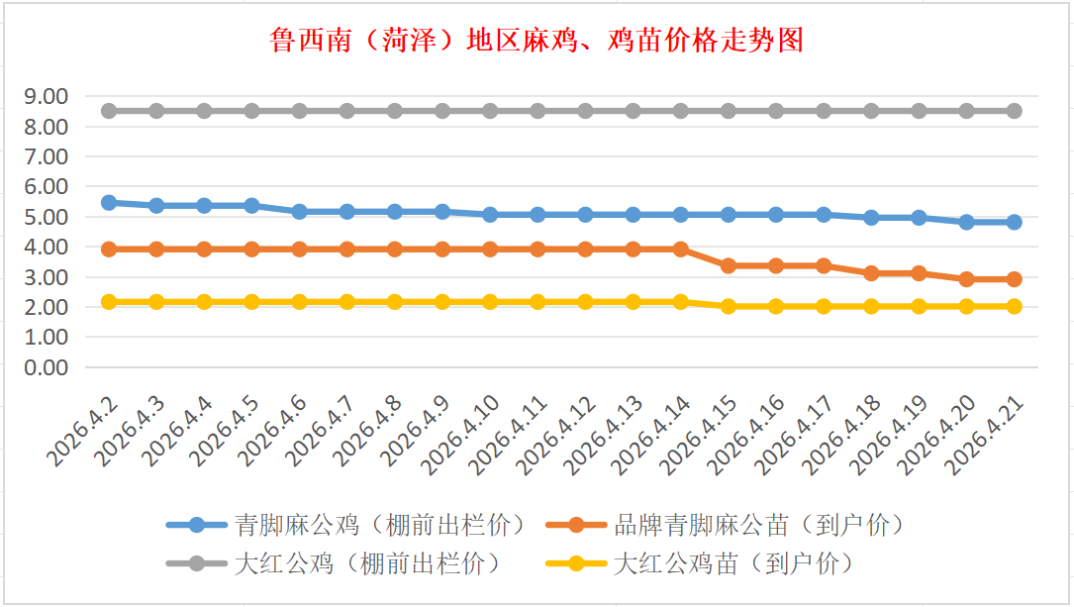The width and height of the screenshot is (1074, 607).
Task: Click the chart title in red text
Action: tap(536, 40)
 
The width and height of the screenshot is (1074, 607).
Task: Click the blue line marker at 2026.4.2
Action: tap(109, 202)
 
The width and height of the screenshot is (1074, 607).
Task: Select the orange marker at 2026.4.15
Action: tap(729, 265)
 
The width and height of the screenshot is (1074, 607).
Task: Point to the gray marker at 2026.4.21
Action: tap(1015, 111)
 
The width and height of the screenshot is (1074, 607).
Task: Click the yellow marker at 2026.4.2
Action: tap(109, 301)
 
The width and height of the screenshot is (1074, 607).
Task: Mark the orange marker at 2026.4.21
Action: tap(1015, 279)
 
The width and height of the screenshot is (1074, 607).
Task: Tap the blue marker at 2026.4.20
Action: tap(967, 222)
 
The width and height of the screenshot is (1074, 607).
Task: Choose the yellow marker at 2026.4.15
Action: tap(729, 306)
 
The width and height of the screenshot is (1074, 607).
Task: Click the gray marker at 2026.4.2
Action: tap(109, 111)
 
